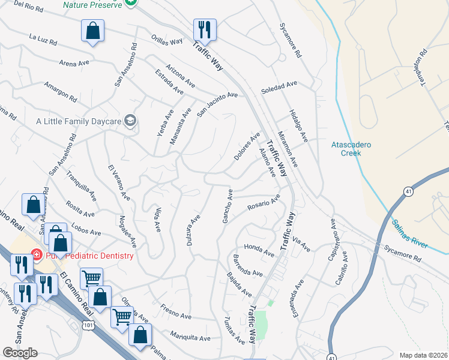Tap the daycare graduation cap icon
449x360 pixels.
129,121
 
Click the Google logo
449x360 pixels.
20,353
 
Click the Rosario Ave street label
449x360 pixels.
264,203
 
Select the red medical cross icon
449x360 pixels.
36,254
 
